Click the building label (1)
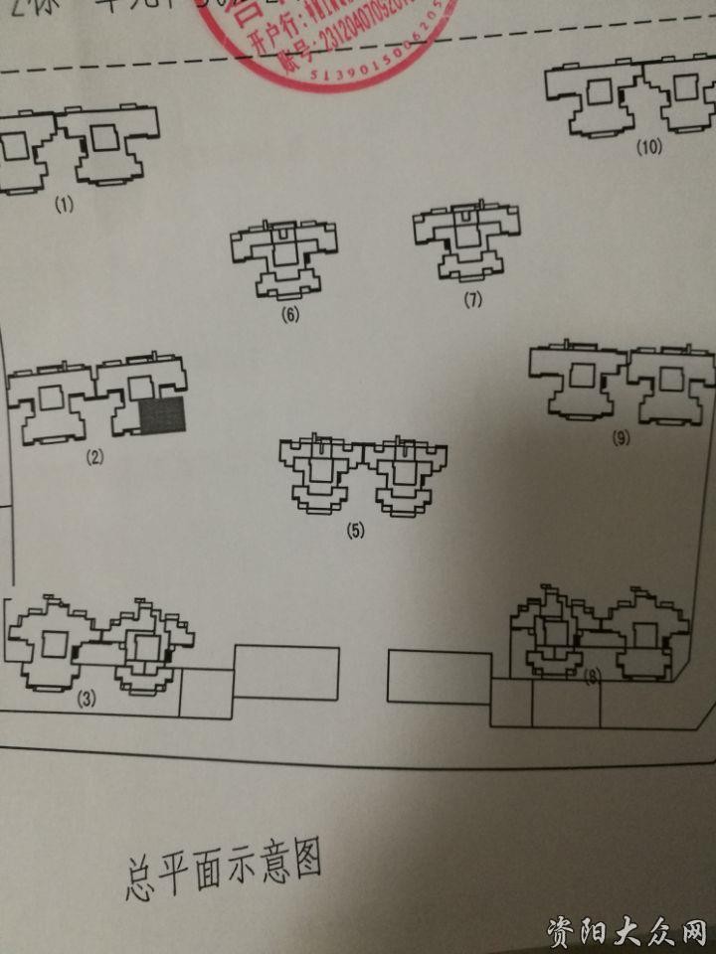tap(66, 206)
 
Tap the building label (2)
tap(95, 457)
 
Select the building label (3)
tap(87, 698)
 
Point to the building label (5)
tap(356, 530)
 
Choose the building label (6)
tap(290, 316)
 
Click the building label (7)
tap(472, 299)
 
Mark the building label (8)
tap(594, 678)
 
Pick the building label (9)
tap(622, 438)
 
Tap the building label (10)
tap(649, 148)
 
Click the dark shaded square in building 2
tap(162, 414)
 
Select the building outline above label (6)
tap(283, 256)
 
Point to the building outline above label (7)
tap(466, 240)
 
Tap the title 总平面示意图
tap(225, 868)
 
